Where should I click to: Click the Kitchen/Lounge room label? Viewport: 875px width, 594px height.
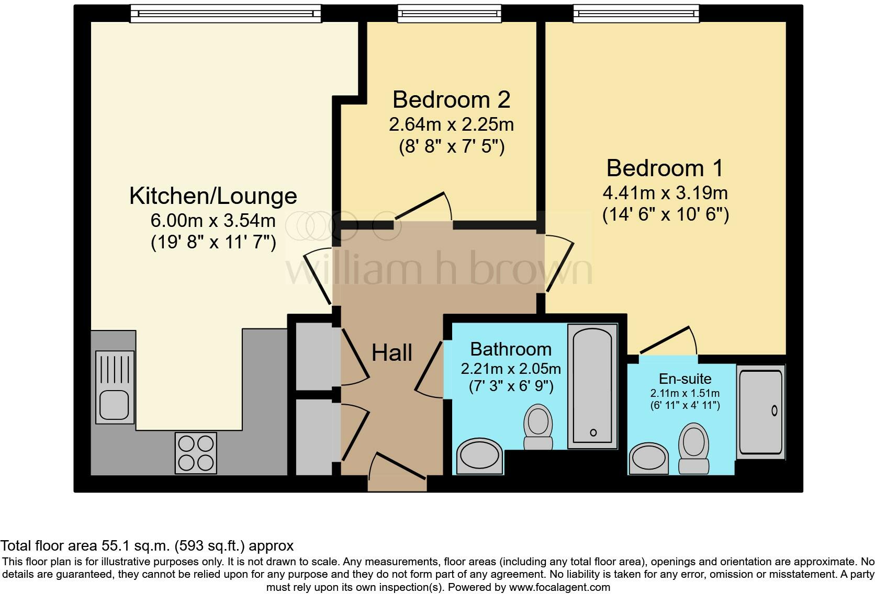click(213, 196)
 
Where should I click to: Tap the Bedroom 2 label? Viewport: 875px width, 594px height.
click(451, 99)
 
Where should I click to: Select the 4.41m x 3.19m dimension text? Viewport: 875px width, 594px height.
click(665, 193)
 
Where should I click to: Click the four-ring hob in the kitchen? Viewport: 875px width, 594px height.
click(196, 453)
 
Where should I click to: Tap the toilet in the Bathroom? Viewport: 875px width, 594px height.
click(538, 427)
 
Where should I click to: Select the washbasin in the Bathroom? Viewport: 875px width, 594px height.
click(480, 456)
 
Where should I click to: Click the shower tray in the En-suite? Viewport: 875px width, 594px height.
click(761, 412)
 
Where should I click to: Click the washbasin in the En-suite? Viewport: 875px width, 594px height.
click(649, 459)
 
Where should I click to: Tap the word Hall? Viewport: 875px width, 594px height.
click(392, 353)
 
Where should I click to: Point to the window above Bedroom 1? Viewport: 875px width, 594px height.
click(636, 13)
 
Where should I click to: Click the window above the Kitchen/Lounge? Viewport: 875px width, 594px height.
click(225, 13)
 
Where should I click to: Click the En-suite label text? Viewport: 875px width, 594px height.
click(685, 379)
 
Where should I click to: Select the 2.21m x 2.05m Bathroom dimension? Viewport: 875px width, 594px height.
click(510, 369)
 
